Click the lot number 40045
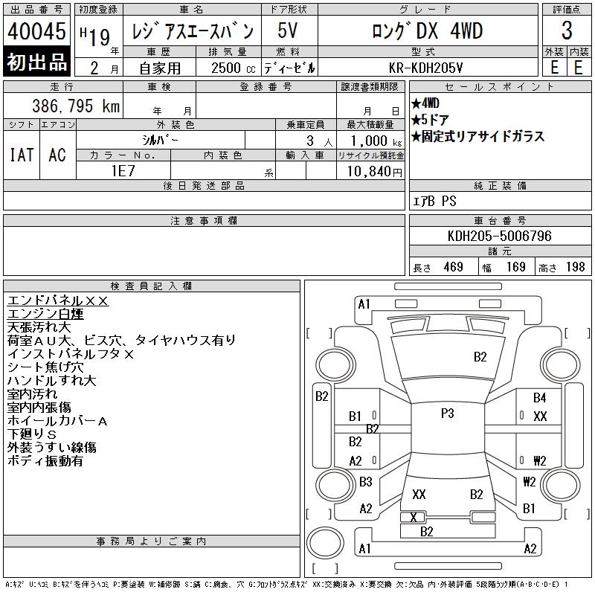(36, 30)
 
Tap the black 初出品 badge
(36, 62)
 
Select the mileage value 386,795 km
(76, 106)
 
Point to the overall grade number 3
(567, 30)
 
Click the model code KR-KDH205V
(425, 68)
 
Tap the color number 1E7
(123, 171)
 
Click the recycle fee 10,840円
(374, 172)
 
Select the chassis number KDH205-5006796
(499, 236)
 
